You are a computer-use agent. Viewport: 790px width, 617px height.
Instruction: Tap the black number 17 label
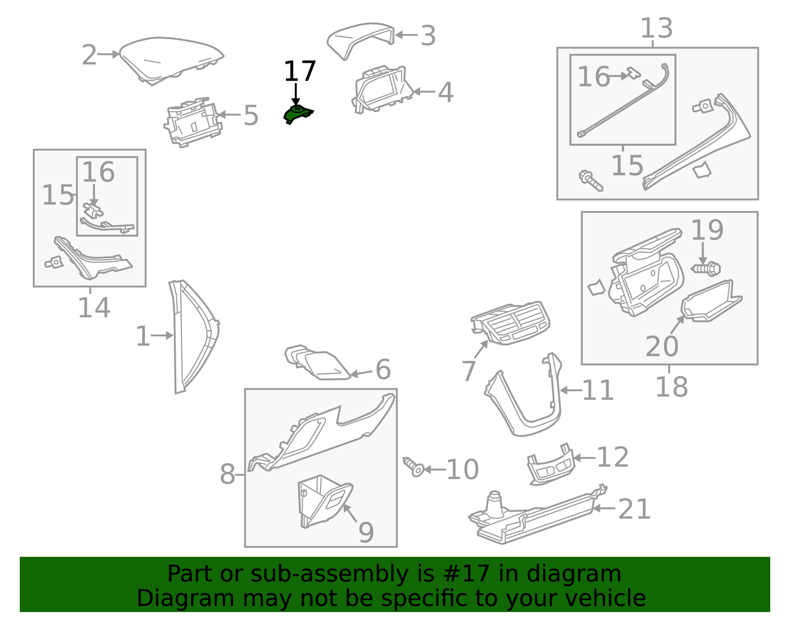tap(299, 72)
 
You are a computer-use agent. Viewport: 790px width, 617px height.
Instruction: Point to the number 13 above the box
tap(656, 29)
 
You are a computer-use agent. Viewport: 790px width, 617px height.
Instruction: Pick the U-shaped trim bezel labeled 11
tap(523, 400)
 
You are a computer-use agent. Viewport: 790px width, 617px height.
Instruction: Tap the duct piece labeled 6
tap(318, 363)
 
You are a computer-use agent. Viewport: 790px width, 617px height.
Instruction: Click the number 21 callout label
tap(634, 509)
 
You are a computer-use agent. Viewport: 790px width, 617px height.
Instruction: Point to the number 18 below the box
tap(671, 387)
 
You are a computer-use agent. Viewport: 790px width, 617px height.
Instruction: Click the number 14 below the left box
tap(94, 308)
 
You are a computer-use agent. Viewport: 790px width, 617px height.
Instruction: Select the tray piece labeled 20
tap(710, 302)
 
